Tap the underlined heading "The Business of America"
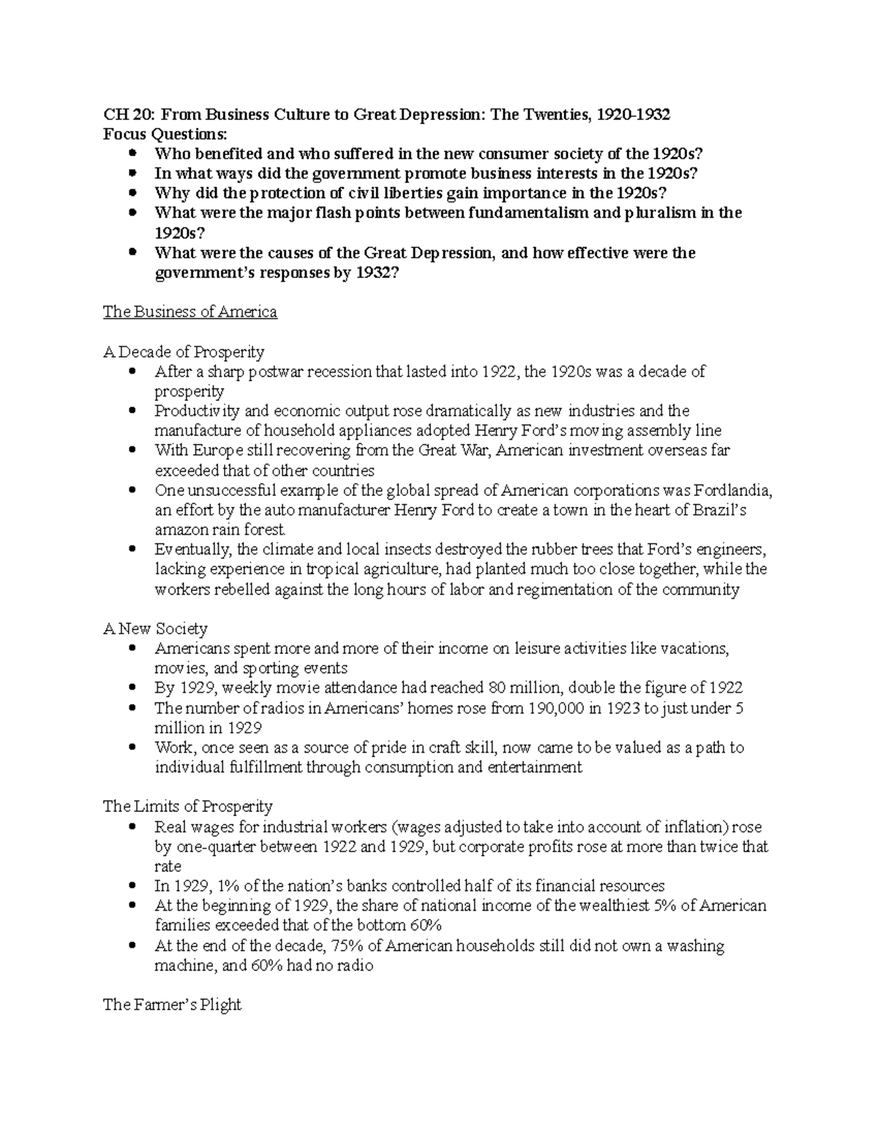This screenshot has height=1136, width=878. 190,312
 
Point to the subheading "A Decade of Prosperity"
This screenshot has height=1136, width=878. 184,352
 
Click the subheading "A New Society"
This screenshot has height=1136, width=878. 155,628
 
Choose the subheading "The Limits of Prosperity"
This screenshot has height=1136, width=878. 188,806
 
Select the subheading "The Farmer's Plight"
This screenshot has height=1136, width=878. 172,1004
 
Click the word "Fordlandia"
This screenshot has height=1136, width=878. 732,490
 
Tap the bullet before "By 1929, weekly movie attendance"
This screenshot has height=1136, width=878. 132,688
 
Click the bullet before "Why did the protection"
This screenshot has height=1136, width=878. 132,194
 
